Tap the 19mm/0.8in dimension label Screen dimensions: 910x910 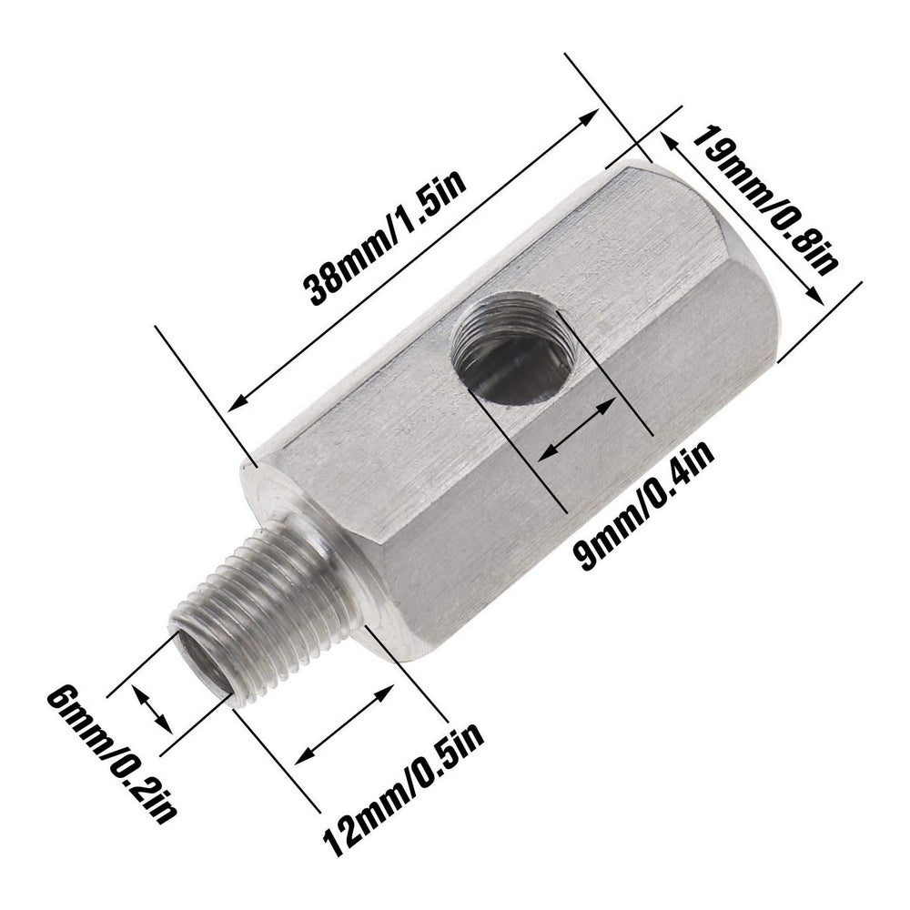765,203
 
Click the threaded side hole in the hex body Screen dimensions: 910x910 512,350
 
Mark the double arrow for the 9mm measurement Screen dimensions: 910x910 574,432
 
